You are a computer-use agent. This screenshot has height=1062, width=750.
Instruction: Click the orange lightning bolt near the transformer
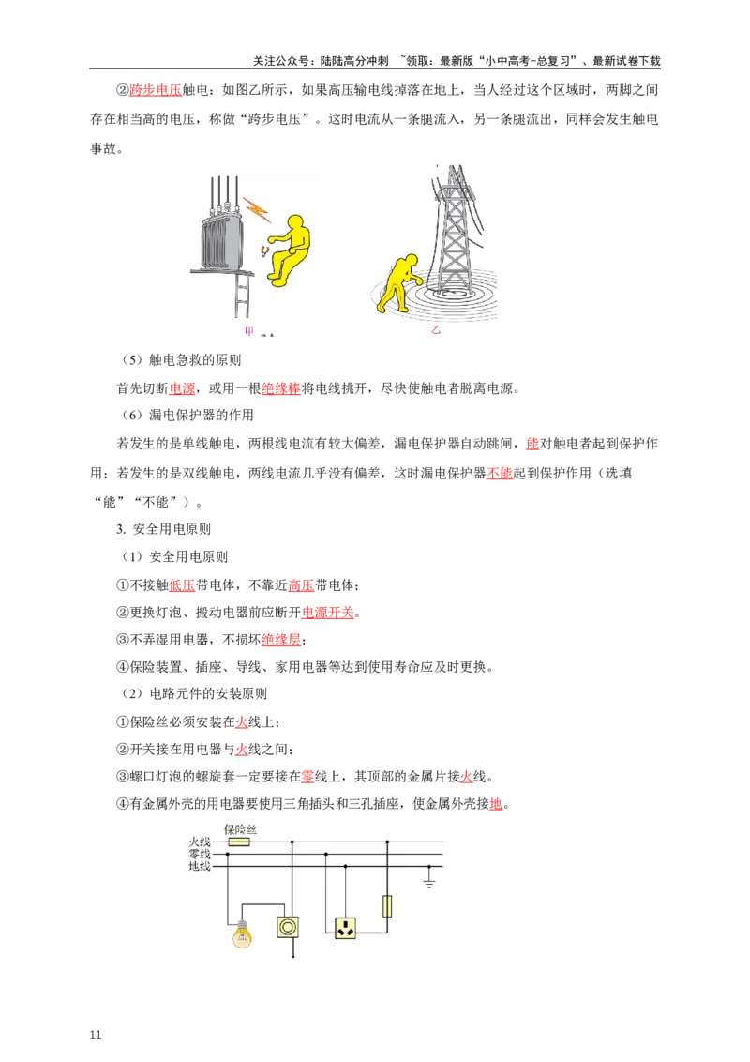pos(257,210)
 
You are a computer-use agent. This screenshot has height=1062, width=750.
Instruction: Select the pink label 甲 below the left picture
pos(249,331)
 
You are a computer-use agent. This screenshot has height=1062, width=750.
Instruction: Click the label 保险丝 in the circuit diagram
pos(241,829)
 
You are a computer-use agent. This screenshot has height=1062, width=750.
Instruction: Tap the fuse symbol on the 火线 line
pos(239,842)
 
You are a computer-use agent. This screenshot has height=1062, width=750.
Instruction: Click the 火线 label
pos(200,842)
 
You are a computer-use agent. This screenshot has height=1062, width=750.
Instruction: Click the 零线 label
pos(200,855)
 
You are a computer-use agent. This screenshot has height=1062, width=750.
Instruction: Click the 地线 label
pos(200,867)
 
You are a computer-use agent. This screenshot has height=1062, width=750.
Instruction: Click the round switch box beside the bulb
pos(287,927)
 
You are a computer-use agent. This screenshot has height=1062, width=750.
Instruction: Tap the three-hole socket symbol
pos(345,928)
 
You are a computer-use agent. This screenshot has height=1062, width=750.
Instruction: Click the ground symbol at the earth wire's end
pos(429,883)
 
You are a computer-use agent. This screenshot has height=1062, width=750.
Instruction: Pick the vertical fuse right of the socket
pos(386,905)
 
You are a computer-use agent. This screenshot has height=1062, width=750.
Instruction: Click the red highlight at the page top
pos(155,90)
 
